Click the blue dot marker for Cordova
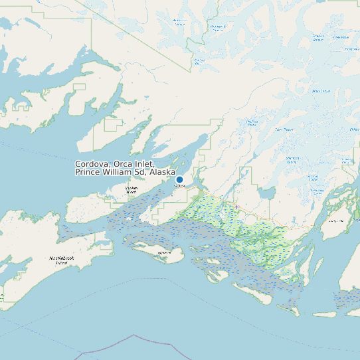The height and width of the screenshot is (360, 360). (179, 179)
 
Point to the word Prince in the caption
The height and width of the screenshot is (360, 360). (88, 173)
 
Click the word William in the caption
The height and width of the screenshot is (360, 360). (120, 173)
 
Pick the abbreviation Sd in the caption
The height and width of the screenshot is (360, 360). (141, 173)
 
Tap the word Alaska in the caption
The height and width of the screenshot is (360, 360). (163, 173)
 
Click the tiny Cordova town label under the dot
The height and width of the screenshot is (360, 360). (179, 186)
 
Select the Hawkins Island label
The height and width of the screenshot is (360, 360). (131, 190)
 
